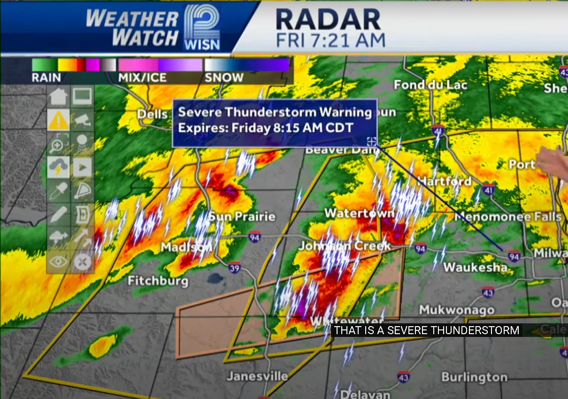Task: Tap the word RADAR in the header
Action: tap(328, 20)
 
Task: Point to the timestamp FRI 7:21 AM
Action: tap(330, 40)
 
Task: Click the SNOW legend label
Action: tap(224, 78)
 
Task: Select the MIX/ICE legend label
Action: tap(142, 78)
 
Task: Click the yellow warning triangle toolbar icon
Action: tap(58, 121)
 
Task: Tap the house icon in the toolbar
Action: tap(58, 97)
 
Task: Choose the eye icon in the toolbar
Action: tap(58, 261)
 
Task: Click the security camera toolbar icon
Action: tap(82, 121)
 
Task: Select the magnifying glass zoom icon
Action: tap(58, 144)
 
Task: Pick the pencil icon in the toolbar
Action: tap(58, 214)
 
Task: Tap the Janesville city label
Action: tap(257, 376)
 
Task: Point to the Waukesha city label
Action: tap(476, 267)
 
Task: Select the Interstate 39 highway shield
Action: tap(235, 268)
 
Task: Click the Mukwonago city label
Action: tap(457, 310)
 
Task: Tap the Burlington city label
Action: tap(474, 377)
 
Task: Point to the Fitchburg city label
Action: tap(158, 281)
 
